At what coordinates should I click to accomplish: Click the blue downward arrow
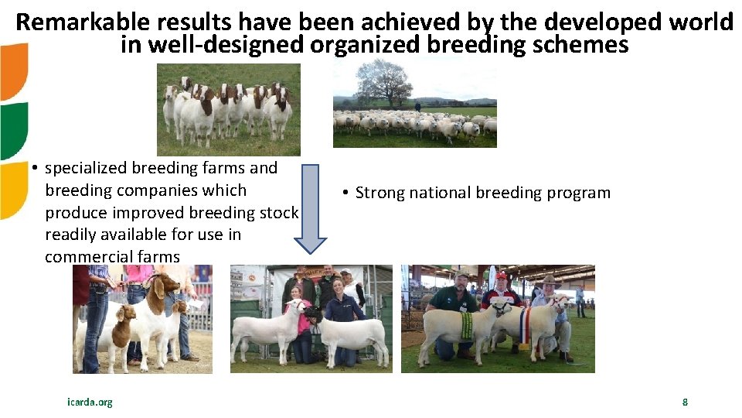point(311,208)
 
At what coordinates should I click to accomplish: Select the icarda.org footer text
point(90,402)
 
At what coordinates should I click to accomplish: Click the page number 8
point(684,402)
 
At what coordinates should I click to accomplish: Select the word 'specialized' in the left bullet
point(86,168)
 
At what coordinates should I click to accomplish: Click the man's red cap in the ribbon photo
point(501,276)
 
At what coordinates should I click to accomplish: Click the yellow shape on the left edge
point(12,190)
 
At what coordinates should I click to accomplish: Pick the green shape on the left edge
point(13,130)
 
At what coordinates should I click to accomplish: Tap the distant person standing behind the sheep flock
point(417,106)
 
